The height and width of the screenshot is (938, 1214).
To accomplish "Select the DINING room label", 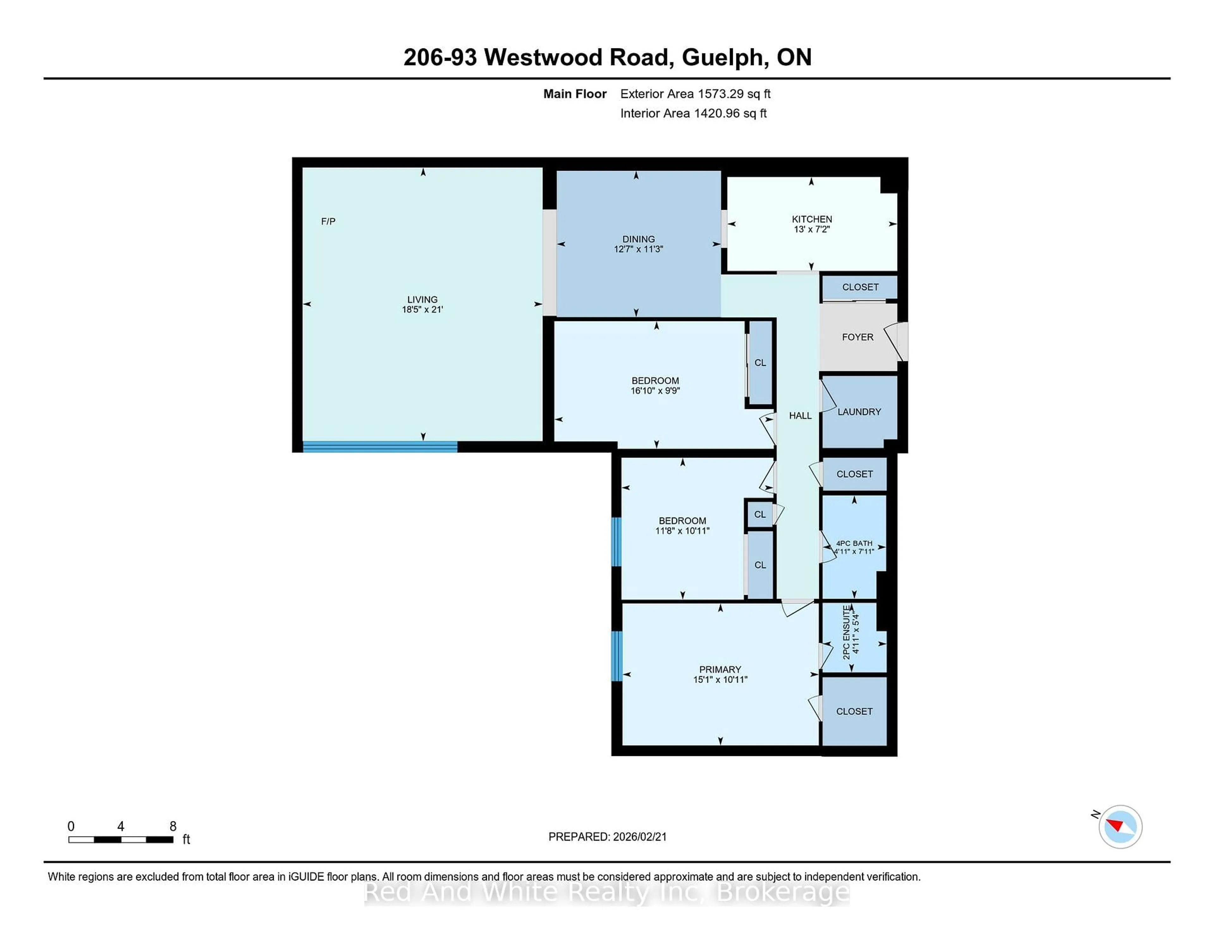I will point(638,239).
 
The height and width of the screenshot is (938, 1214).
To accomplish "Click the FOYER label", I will point(857,337).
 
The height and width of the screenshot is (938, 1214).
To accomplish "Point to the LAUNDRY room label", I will point(859,412).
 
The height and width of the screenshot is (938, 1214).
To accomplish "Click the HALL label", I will point(800,416).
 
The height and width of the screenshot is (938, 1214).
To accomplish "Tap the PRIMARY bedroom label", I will point(720,670).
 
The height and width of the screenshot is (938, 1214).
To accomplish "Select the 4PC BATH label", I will point(854,544).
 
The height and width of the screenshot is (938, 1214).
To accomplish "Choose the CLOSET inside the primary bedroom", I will point(854,711).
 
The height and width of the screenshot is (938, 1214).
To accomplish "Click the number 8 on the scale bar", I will point(173,826).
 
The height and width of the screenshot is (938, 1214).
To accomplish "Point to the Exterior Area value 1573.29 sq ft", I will point(734,94).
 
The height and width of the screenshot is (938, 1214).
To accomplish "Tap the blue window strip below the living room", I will point(380,446).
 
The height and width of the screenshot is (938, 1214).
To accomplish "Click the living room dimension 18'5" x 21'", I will point(422,309).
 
